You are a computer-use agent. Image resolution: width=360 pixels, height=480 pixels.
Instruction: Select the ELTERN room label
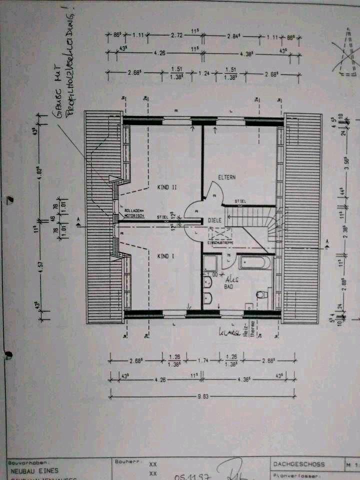(226, 177)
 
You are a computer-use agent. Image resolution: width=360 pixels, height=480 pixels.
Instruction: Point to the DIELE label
(214, 219)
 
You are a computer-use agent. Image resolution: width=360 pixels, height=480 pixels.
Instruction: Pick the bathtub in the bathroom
(255, 262)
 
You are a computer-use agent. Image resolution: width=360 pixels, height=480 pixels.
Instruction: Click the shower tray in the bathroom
(211, 262)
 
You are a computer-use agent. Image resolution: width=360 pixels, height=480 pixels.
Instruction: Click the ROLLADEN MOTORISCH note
(134, 213)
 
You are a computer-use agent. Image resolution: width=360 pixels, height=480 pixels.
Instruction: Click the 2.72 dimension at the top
(176, 36)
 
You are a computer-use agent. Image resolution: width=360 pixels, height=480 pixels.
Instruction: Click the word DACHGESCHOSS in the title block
(299, 464)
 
